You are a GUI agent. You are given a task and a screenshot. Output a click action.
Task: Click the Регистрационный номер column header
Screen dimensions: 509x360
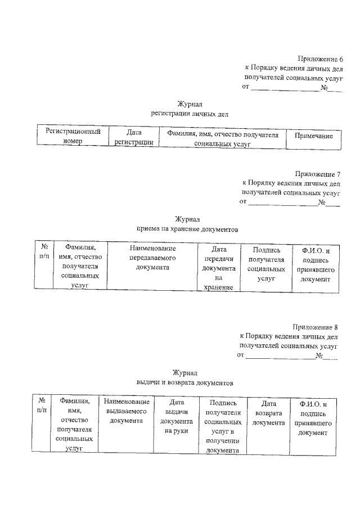73,137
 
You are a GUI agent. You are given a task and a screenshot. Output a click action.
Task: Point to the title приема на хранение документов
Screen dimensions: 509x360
187,229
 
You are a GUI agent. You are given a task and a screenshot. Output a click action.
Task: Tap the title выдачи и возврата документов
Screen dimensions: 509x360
184,382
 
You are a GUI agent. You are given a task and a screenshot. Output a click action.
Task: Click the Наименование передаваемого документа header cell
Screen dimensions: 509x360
152,258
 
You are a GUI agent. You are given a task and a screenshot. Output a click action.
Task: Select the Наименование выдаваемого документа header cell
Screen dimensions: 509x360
127,411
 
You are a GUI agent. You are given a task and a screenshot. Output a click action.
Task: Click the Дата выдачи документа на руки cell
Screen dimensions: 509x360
177,416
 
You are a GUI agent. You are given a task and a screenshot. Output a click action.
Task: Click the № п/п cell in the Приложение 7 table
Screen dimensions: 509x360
44,251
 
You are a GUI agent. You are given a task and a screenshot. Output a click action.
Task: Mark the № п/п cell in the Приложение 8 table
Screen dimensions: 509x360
41,406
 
